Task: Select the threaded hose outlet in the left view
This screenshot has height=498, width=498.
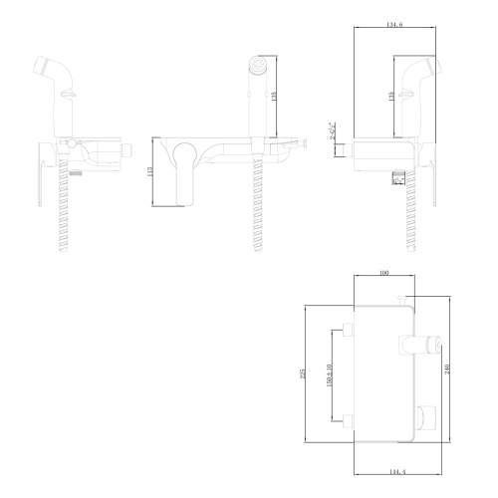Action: coord(75,172)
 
